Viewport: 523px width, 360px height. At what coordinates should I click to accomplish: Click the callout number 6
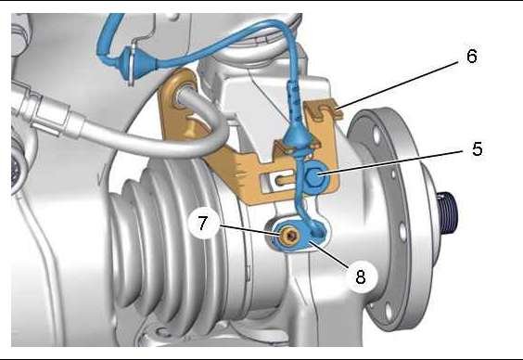click(x=472, y=56)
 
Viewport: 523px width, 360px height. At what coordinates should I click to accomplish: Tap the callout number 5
click(x=478, y=148)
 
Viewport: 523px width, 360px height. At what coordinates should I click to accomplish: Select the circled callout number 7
click(x=203, y=223)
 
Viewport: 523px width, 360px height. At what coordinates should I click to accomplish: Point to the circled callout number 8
click(x=361, y=276)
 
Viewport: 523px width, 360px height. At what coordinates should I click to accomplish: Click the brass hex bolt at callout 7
click(x=289, y=237)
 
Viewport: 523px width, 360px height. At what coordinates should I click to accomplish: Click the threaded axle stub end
click(x=447, y=212)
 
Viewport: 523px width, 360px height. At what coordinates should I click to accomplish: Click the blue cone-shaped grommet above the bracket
click(x=297, y=136)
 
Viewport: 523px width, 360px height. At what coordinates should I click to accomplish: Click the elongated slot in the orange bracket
click(x=279, y=181)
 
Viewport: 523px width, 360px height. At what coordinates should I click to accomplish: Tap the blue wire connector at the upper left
click(x=139, y=63)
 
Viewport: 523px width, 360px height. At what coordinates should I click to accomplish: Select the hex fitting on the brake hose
click(x=50, y=113)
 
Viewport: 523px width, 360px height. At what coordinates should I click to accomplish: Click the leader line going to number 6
click(x=398, y=84)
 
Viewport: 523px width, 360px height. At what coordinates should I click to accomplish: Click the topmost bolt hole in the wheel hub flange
click(x=376, y=135)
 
